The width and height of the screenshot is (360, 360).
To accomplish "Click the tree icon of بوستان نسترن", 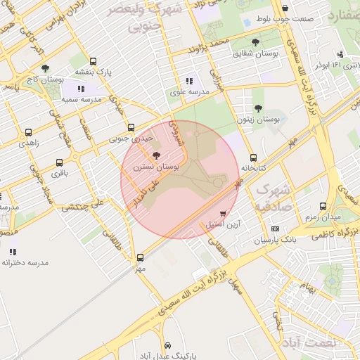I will pos(155,154).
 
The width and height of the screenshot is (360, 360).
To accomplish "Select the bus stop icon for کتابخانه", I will pos(253,157).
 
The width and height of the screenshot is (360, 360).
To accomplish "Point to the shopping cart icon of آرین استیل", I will pos(224,214).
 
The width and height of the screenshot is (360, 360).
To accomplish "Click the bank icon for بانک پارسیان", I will pos(274,229).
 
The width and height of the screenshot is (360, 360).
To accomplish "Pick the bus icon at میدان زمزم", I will pos(323,206).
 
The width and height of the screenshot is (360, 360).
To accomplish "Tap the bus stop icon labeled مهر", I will pos(140,257).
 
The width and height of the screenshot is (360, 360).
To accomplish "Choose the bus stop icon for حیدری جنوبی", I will pos(131,127).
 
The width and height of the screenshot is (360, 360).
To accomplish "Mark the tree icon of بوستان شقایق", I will pos(254,43).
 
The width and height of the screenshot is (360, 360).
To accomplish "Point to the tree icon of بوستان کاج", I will pos(45,69).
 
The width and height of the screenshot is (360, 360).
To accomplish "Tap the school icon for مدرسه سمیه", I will pos(81,89).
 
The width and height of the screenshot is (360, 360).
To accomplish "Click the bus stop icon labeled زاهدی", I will pos(28,132).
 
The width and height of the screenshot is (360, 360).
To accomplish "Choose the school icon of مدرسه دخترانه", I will pos(13,251).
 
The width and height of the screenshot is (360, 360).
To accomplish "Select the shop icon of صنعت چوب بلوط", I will pos(284,9).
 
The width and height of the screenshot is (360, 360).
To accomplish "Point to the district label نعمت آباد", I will pos(309,342).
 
